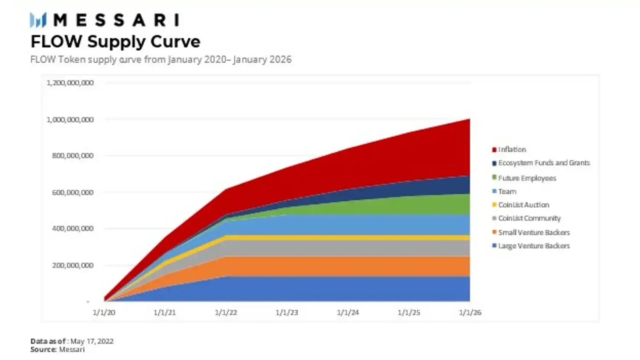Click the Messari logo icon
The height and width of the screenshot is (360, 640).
pos(38,20)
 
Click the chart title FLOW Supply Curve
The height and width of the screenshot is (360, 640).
pos(115,42)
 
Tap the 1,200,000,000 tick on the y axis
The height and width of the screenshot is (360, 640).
pos(70,83)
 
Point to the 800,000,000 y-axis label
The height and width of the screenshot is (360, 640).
pos(73,156)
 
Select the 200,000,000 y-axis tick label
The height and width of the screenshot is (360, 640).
pos(73,265)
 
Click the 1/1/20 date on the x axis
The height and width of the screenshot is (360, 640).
pos(104,313)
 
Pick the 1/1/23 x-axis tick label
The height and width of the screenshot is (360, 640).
pos(287,313)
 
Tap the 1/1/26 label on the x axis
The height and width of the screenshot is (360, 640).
pos(470,313)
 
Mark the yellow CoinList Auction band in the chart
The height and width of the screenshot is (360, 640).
pos(341,238)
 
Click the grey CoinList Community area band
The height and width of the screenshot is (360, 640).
pos(341,248)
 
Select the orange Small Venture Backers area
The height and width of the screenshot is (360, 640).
pos(341,266)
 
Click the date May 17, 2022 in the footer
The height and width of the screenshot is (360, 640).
pos(92,341)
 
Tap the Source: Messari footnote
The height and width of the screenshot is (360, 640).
pos(58,349)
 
